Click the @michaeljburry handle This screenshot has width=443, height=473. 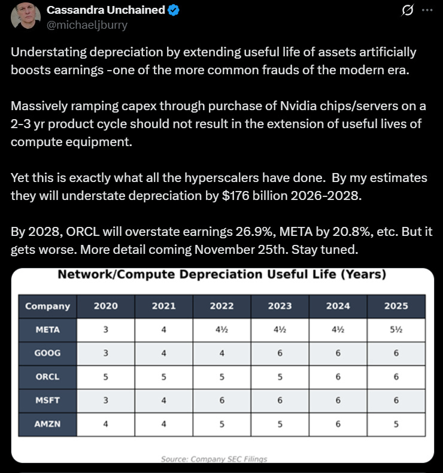[87, 25]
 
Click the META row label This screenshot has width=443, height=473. [47, 329]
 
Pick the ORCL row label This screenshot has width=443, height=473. [47, 376]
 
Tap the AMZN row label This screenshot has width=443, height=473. [47, 424]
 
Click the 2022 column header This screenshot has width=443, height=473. [221, 306]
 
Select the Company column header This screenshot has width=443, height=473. [47, 306]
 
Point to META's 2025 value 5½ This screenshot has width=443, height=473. [396, 329]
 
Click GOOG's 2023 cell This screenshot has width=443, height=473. [280, 353]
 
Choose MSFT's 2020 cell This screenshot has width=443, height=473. [105, 400]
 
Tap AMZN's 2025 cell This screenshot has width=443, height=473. [396, 424]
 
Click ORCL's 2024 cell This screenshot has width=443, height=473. [338, 376]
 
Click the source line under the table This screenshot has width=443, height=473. [214, 459]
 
